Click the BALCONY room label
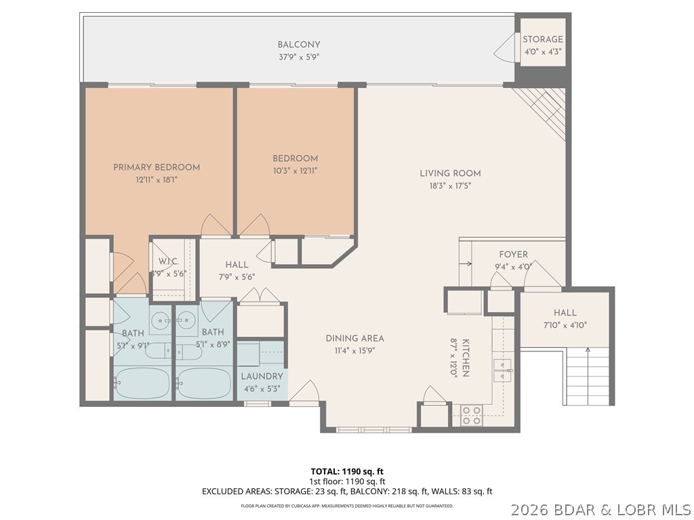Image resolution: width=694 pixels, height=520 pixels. click(298, 45)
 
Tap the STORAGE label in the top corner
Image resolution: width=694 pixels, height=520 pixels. click(542, 39)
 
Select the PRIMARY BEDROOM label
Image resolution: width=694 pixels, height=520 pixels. click(157, 167)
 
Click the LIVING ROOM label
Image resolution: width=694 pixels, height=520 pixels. click(450, 173)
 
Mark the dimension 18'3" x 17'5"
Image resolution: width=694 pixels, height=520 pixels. click(450, 185)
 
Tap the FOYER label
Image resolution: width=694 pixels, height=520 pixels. click(513, 255)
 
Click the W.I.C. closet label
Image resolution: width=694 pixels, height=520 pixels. click(168, 262)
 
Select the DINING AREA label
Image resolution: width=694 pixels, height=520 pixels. click(354, 339)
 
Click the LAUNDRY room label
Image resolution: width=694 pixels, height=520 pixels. click(262, 376)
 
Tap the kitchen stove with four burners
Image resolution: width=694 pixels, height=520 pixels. click(471, 415)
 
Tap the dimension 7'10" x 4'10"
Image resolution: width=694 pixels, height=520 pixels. click(565, 324)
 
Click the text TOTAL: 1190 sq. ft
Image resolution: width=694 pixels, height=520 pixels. click(347, 471)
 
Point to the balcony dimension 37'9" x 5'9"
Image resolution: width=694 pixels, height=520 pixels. click(298, 57)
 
